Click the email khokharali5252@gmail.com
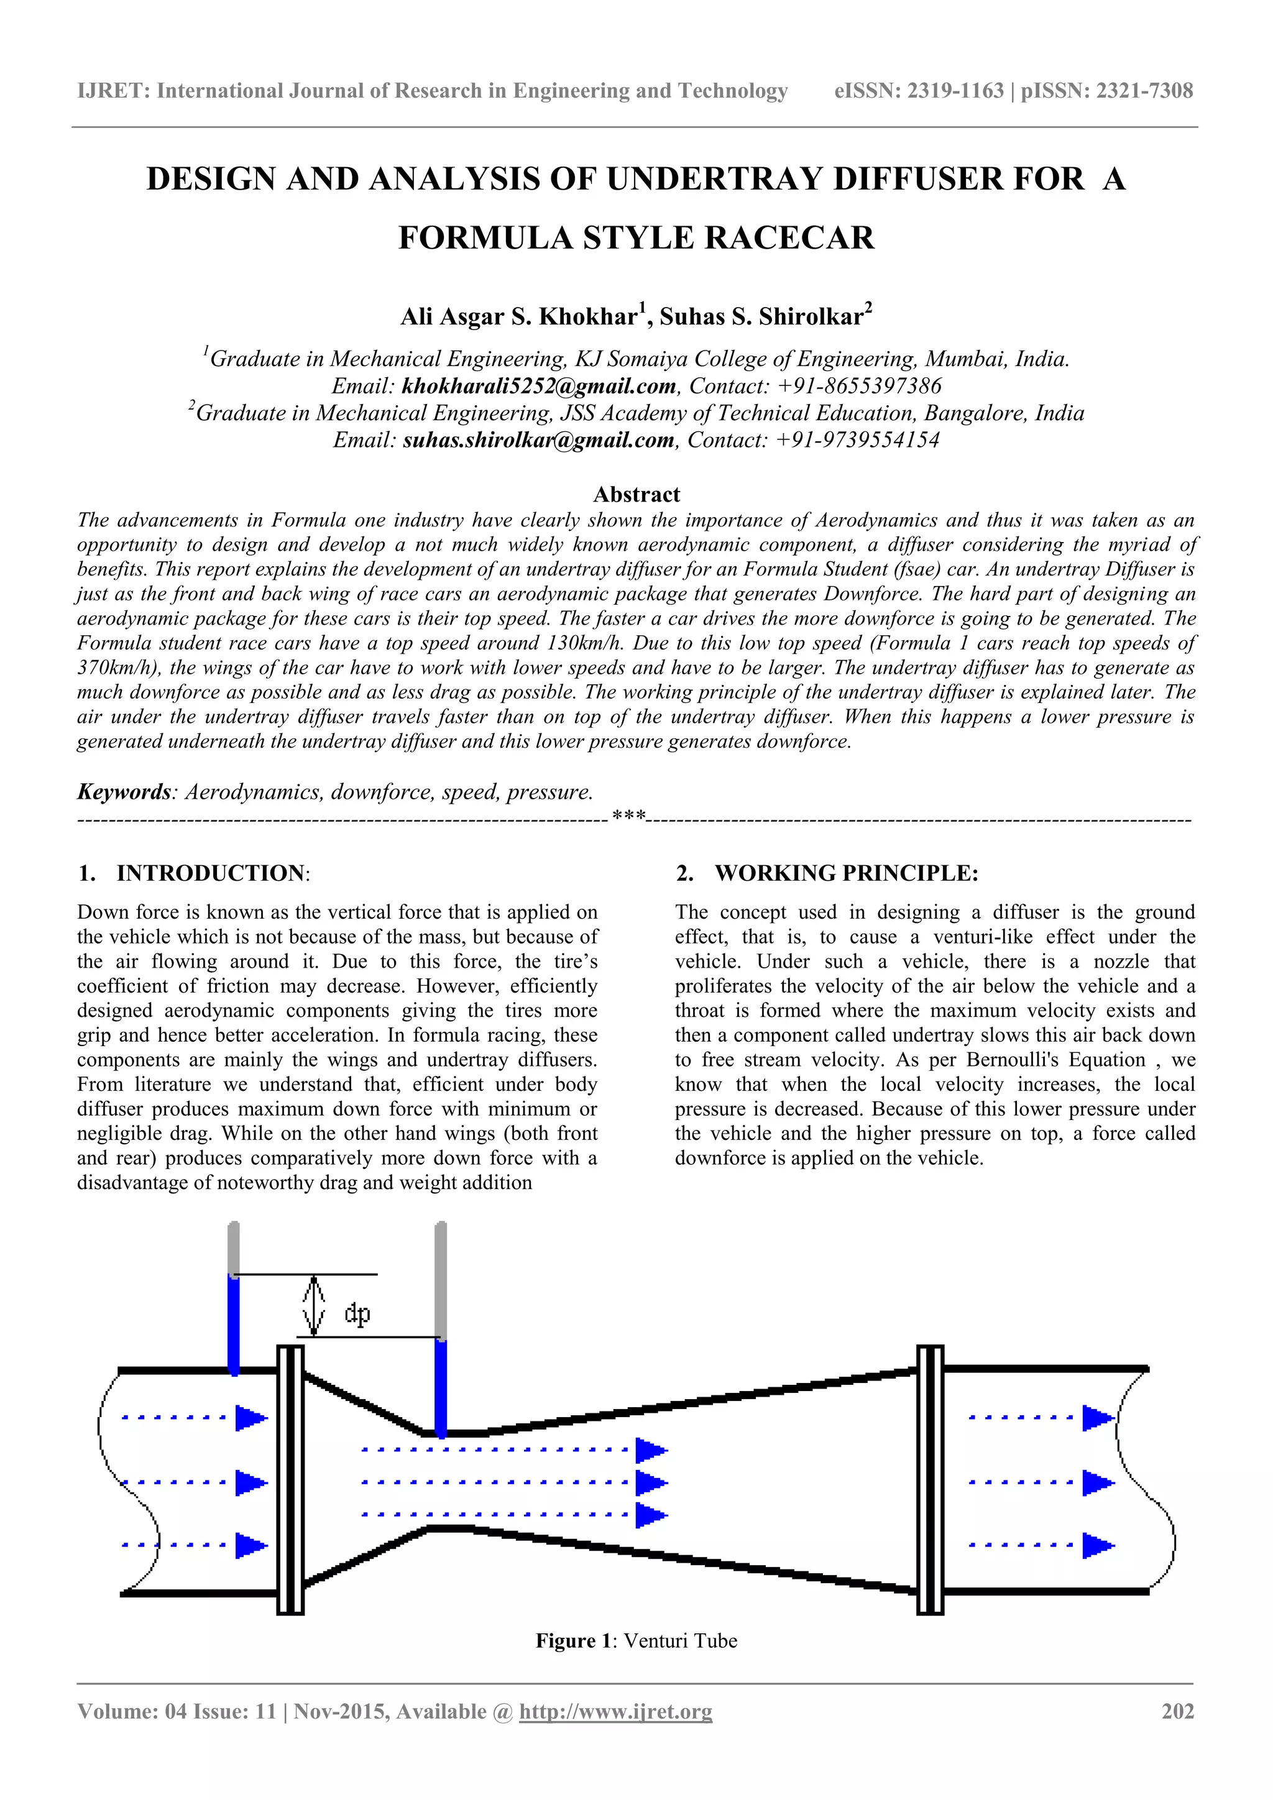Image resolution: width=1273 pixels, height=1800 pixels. coord(538,387)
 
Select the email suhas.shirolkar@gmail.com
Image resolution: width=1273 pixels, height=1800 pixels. coord(538,441)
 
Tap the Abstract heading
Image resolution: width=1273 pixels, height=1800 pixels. coord(636,495)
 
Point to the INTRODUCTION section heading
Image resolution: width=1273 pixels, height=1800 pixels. coord(211,873)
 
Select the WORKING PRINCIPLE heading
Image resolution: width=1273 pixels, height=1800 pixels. coord(846,873)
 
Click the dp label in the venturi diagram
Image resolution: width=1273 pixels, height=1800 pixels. coord(357,1314)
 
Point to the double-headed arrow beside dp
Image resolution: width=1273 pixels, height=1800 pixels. coord(313,1305)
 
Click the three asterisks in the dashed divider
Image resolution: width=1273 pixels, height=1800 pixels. coord(628,817)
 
